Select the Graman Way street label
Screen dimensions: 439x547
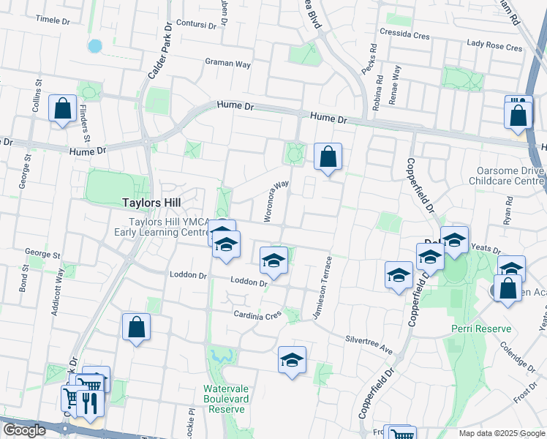(x=227, y=64)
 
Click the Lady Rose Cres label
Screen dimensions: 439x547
(x=495, y=46)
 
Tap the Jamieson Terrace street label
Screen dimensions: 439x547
(x=322, y=286)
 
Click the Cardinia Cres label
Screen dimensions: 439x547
(x=257, y=315)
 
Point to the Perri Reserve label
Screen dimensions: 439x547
(x=481, y=329)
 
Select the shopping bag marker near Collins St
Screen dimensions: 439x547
(x=63, y=108)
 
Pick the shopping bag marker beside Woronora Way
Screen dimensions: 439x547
(x=328, y=156)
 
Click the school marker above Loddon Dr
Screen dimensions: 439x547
(x=273, y=260)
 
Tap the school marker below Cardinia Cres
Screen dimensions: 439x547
(x=292, y=360)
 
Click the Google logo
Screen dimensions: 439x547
(x=24, y=430)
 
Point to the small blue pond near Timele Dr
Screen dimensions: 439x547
(x=95, y=45)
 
